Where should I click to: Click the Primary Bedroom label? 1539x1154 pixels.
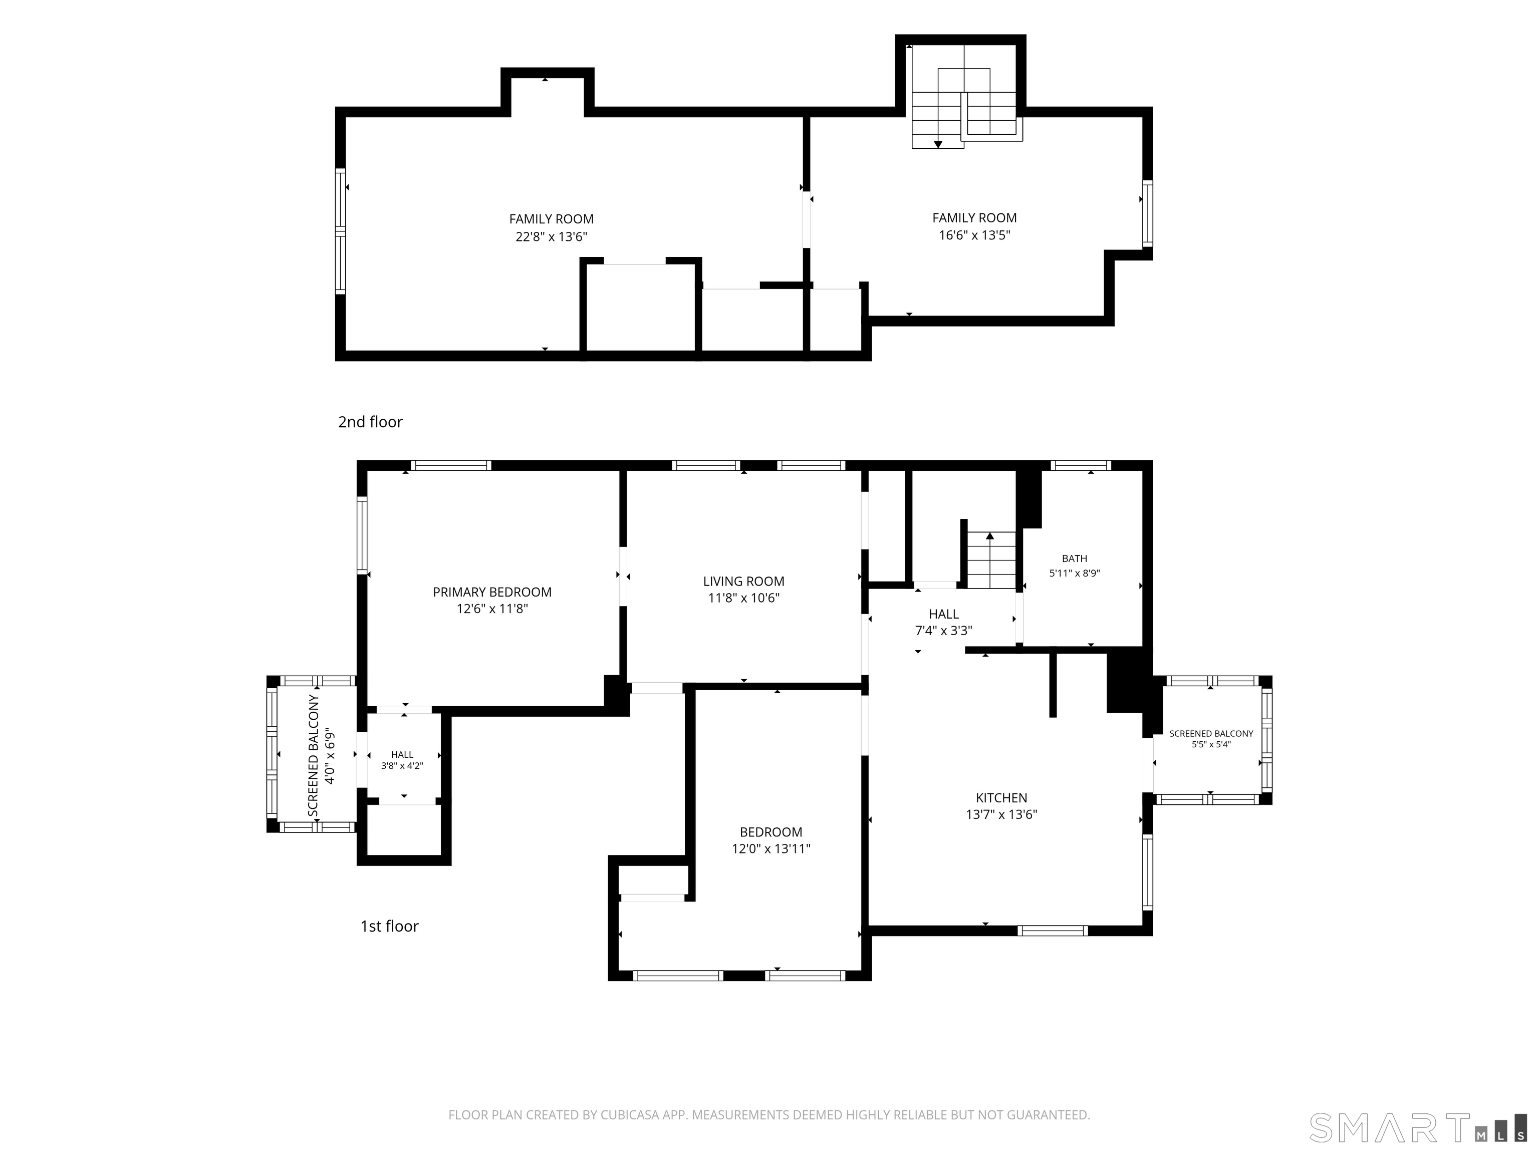[492, 592]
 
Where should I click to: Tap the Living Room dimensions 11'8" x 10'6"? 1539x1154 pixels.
[744, 598]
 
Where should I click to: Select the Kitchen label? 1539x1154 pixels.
[1001, 798]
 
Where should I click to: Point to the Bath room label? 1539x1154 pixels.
[1074, 558]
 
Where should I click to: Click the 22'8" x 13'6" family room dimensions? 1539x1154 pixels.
[551, 236]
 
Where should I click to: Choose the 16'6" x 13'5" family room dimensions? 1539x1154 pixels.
[974, 235]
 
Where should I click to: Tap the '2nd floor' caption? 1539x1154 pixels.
[370, 422]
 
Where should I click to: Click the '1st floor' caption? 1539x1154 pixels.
[390, 926]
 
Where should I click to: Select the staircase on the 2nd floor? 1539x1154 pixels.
[967, 97]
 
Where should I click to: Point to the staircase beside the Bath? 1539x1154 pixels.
[991, 560]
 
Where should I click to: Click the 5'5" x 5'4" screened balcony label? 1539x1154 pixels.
[1211, 739]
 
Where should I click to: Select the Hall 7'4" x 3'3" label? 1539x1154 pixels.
[943, 623]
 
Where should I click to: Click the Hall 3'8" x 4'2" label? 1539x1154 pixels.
[402, 760]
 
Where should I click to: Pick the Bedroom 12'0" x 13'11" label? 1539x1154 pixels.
[771, 840]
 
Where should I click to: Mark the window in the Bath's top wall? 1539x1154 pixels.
[1081, 465]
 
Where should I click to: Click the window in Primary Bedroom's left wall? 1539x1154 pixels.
[362, 535]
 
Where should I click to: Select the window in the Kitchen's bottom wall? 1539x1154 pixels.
[1053, 931]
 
